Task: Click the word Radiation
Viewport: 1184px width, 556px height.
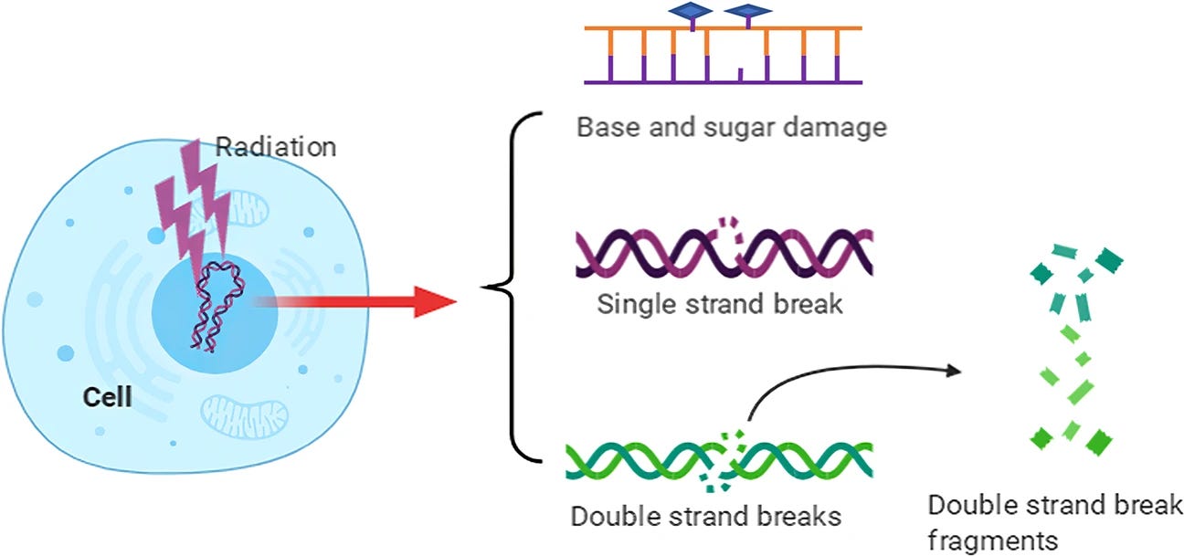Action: point(276,146)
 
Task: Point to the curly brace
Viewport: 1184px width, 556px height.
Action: point(512,288)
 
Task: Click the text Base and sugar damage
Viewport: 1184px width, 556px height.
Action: point(731,126)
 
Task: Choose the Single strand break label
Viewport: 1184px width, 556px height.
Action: point(719,302)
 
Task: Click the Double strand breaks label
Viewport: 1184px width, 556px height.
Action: point(705,516)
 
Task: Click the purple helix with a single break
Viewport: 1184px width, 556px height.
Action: point(722,251)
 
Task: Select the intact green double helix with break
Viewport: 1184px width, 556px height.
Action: point(718,461)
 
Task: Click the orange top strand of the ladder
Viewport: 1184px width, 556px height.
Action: point(722,30)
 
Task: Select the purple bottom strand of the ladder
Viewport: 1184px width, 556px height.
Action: point(722,82)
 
